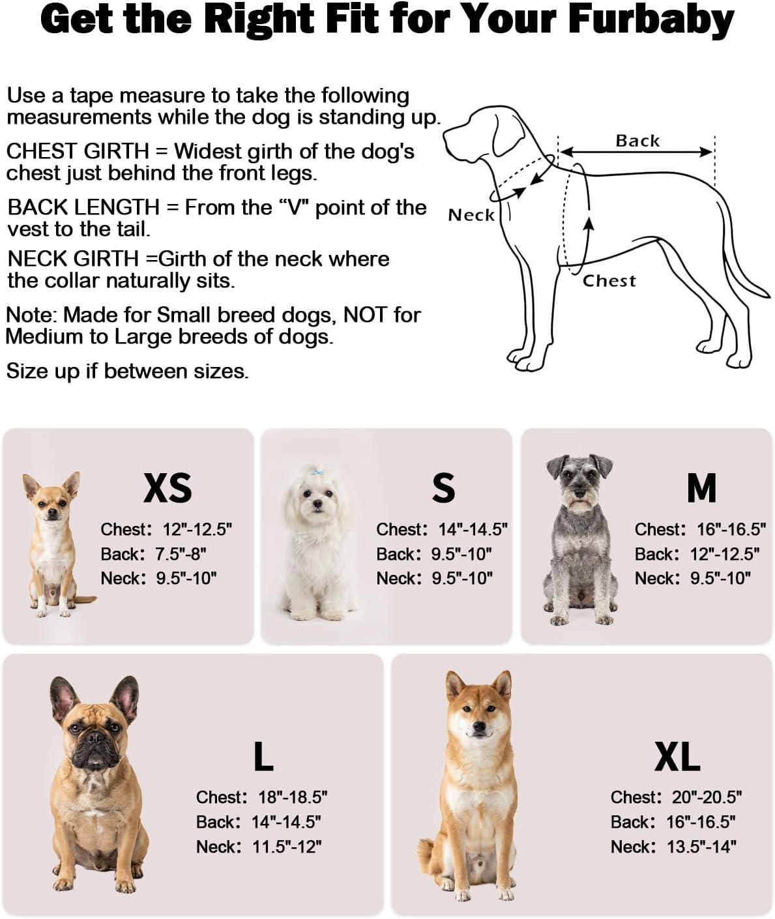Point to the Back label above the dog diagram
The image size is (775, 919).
click(x=637, y=141)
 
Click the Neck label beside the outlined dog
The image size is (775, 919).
click(x=471, y=215)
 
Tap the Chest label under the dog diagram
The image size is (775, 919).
click(x=609, y=280)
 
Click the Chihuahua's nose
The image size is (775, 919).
click(x=53, y=512)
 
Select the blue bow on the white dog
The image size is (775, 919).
click(x=317, y=474)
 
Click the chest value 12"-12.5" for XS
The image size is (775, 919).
click(x=197, y=529)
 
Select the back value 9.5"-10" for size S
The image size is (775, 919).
click(x=461, y=554)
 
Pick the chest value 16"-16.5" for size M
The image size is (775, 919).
click(x=732, y=529)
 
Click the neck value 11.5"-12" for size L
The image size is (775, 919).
click(x=287, y=847)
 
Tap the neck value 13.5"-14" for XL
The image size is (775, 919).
click(x=702, y=847)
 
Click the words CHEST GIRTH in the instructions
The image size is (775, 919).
click(x=78, y=151)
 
